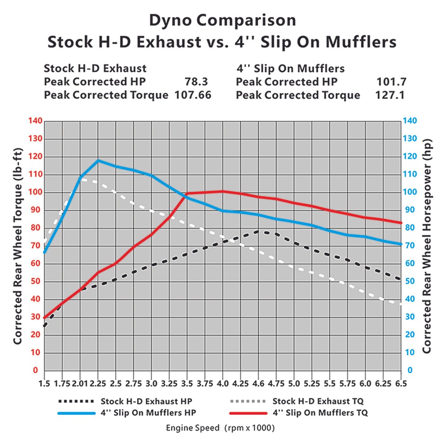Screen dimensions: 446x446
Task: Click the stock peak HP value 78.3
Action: click(196, 82)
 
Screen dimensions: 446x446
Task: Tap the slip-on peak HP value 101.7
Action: click(391, 82)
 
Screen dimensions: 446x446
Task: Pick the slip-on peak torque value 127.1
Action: click(391, 95)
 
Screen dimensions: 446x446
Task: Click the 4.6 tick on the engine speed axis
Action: click(258, 384)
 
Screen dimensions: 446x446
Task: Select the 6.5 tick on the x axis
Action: click(401, 384)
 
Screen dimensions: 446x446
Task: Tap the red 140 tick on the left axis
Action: click(34, 121)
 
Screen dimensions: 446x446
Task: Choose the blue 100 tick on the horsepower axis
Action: click(410, 192)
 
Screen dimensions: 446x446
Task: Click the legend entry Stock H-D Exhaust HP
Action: click(147, 401)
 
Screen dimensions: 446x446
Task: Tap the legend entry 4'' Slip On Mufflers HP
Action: click(149, 413)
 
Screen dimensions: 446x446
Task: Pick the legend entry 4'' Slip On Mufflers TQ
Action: click(320, 413)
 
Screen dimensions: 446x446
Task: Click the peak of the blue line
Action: click(98, 161)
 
